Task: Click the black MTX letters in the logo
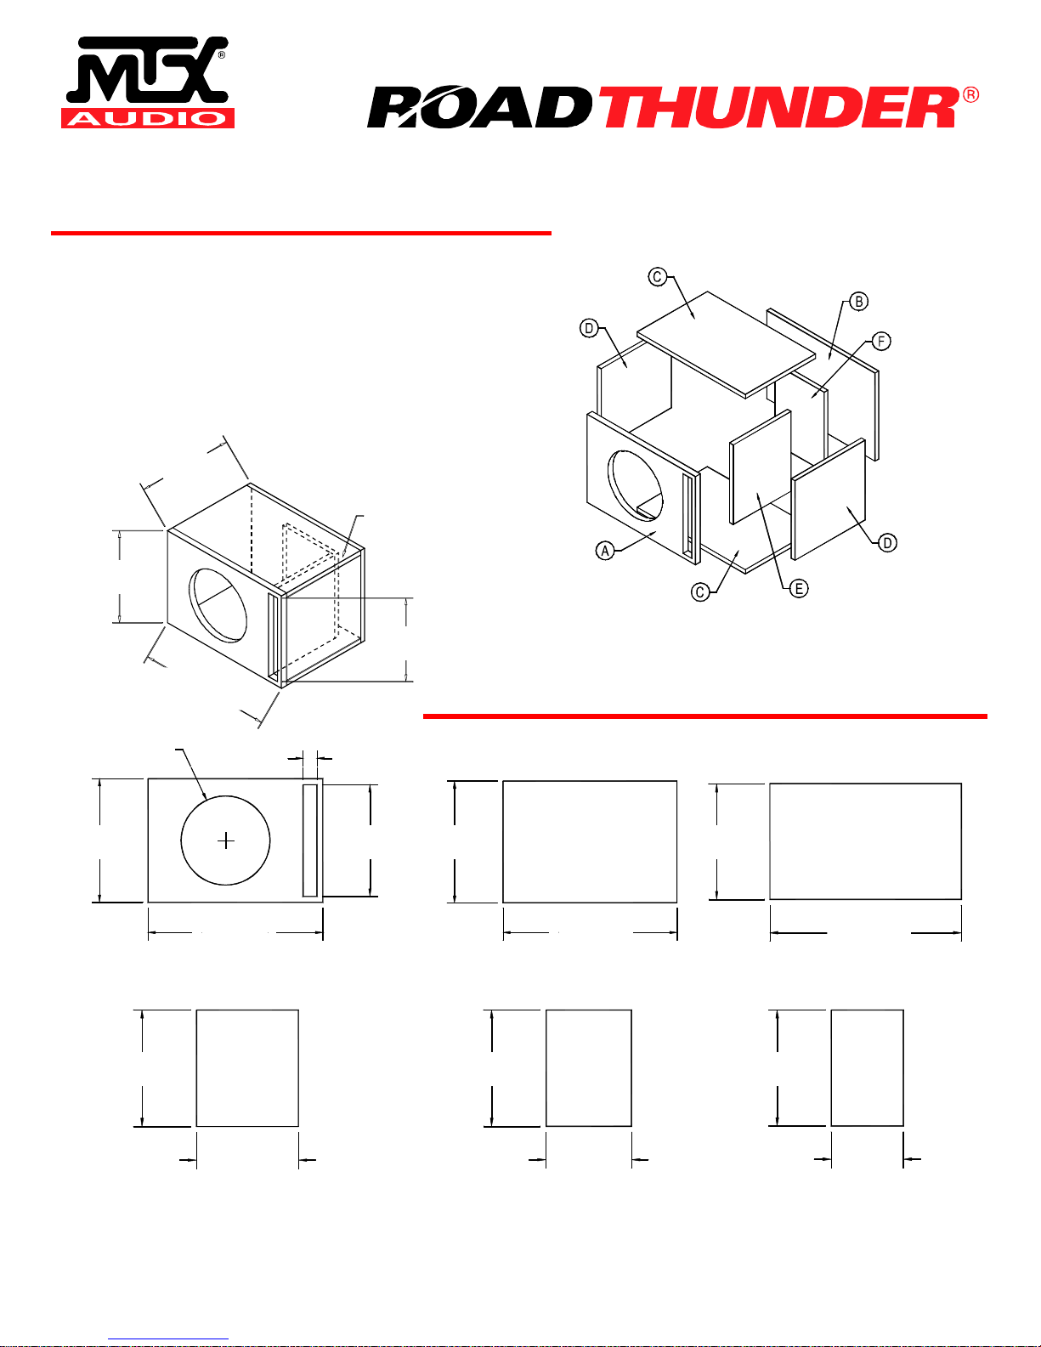[148, 70]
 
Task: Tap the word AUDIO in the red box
[148, 118]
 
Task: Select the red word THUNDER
[782, 107]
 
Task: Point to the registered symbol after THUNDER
[971, 95]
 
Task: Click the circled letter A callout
[605, 551]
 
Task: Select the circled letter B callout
[858, 302]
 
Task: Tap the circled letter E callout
[799, 588]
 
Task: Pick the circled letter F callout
[881, 342]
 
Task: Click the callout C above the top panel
[658, 276]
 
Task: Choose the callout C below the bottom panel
[700, 592]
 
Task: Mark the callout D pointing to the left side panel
[589, 328]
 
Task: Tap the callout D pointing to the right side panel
[887, 543]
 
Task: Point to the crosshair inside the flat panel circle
[226, 841]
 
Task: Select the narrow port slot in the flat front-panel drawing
[310, 840]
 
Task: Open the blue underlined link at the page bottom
[168, 1339]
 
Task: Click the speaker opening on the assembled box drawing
[218, 606]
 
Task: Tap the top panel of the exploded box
[727, 344]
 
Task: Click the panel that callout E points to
[761, 467]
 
